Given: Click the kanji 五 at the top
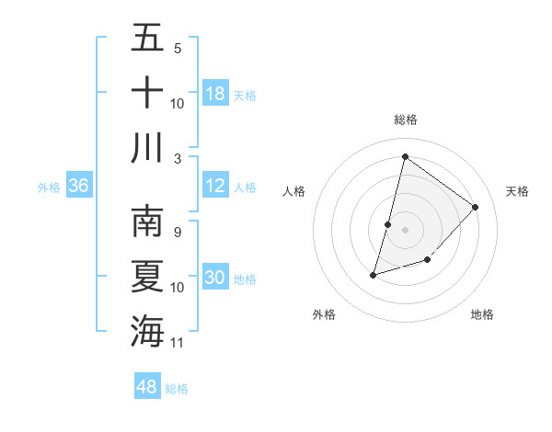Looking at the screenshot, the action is coord(147,39).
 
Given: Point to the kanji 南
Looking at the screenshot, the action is coord(147,222).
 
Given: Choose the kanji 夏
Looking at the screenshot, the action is coord(147,276).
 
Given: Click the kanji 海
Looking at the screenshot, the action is coord(147,330).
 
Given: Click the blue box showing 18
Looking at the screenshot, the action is coord(215,94).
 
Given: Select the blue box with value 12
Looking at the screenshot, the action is coord(215,186).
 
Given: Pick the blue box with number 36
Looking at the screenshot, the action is coord(78,186).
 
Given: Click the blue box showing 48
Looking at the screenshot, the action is coord(147,387).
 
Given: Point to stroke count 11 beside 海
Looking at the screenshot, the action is coord(178,343).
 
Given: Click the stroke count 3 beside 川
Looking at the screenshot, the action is coord(178,158).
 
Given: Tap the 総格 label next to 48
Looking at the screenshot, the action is coord(178,388).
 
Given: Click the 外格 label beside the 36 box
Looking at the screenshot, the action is coord(49,187).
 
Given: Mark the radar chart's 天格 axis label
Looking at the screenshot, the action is coord(517,191).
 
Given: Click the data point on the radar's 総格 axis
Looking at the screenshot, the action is coord(404,157).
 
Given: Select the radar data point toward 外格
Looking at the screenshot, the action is coord(374,274).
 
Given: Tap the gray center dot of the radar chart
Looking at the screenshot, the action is coord(405,230).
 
